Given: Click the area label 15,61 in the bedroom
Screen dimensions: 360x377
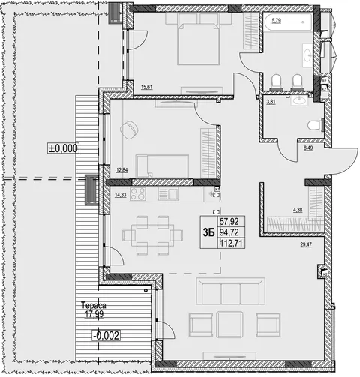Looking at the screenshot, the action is point(147,87).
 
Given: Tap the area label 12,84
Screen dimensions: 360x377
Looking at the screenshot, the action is point(122,170).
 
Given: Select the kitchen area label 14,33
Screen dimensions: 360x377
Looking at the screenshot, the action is point(121,196).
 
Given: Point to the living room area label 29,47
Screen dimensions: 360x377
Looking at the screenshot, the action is point(306,244).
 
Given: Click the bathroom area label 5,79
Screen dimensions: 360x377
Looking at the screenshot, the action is point(277,21).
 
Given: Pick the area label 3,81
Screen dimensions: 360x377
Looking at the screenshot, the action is point(271,102).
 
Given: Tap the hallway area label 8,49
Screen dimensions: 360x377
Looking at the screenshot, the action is point(308,148).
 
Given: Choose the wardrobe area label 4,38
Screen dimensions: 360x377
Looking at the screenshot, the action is point(298,210).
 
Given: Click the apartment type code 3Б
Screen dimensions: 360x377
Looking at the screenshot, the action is point(209,233).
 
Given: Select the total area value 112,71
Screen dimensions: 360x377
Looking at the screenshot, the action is point(232,243).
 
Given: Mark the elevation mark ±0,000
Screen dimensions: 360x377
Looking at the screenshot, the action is point(64,148).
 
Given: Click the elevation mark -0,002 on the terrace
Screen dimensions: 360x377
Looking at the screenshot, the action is point(106,335).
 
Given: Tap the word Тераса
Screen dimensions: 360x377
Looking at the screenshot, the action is point(94,305).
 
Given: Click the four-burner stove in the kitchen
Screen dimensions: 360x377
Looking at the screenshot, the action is point(138,193).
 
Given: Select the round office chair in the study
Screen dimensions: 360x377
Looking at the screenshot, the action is point(130,130).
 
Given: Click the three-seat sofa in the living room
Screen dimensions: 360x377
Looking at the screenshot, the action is point(231,291).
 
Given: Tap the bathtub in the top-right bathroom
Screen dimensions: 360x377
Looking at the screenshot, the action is point(288,22).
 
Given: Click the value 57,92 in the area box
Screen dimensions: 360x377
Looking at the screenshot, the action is point(229,221).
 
